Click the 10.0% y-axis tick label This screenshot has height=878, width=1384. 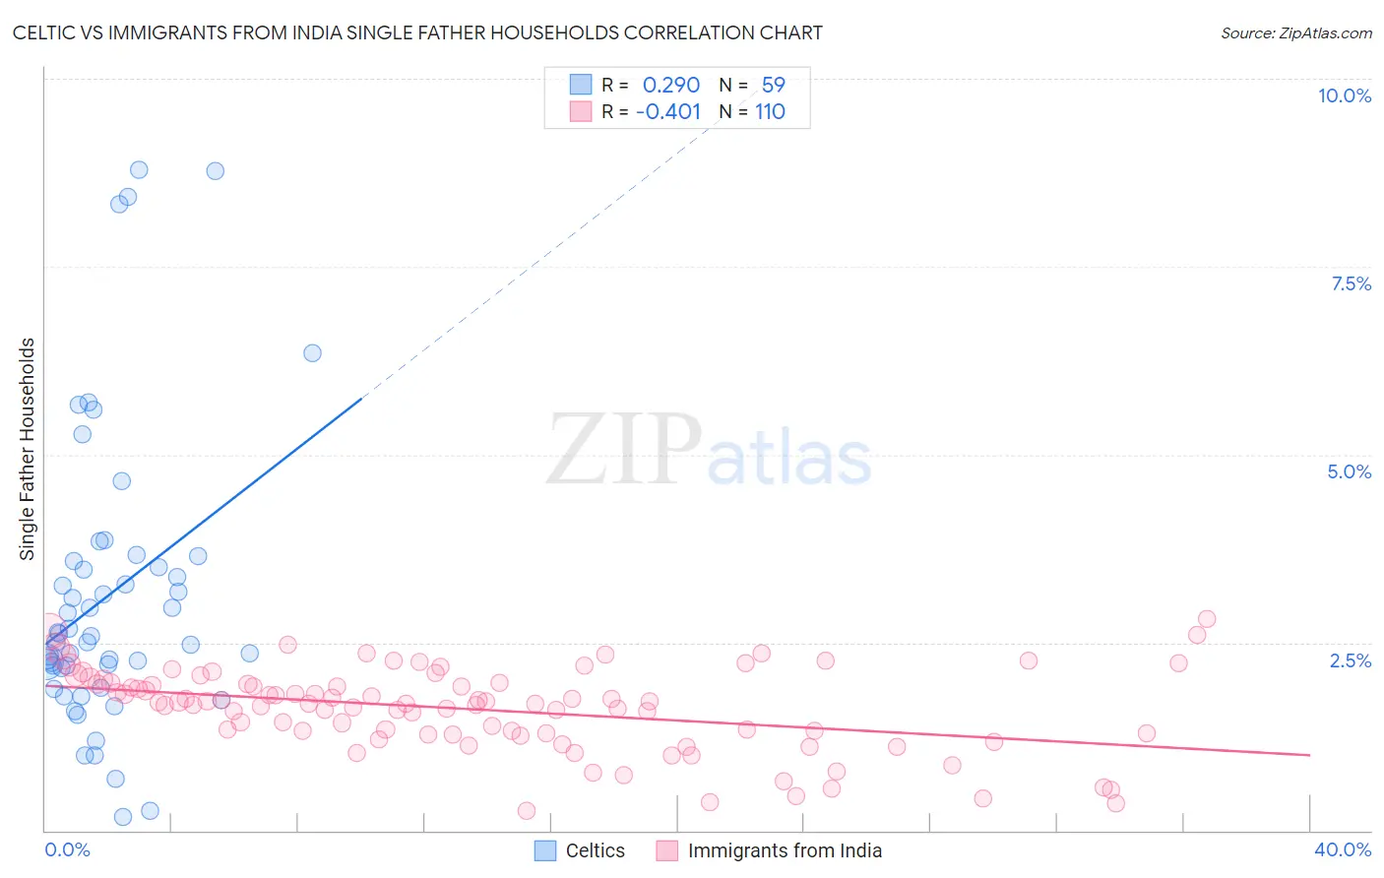pos(1344,95)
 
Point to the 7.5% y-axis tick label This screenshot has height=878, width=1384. pos(1351,283)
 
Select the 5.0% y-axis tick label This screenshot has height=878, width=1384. pos(1349,471)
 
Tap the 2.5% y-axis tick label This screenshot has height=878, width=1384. pos(1350,660)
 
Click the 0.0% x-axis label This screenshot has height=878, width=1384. pos(67,849)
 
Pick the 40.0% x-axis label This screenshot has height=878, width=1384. pos(1342,849)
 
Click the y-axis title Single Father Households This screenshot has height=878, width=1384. pos(27,449)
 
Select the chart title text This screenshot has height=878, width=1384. pos(417,32)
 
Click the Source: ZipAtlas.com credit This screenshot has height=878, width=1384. pos(1295,32)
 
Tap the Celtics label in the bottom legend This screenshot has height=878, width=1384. pos(595,850)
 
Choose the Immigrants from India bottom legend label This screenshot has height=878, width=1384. pos(785,850)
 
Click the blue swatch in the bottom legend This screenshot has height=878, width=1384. pos(545,850)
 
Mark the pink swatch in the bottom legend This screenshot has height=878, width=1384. pos(667,850)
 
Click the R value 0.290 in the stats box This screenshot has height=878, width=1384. pos(670,86)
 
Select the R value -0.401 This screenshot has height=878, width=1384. pos(668,111)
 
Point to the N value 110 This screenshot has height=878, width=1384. pos(770,111)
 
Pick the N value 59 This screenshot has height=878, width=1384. pos(773,86)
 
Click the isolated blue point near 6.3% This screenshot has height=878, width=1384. pos(312,352)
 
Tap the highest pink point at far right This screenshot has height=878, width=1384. pos(1207,619)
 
